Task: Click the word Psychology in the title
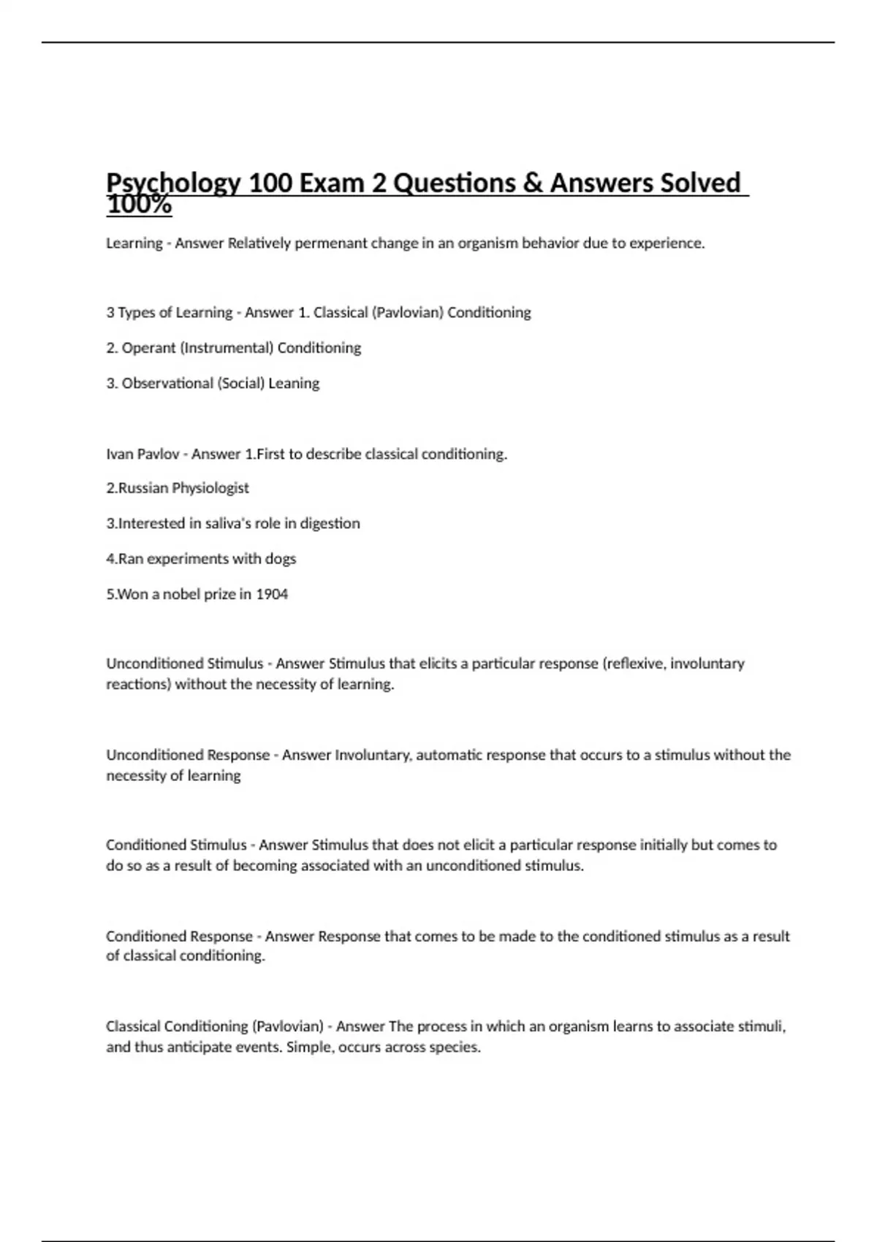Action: point(173,183)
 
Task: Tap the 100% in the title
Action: point(139,205)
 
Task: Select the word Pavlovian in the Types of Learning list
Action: point(407,313)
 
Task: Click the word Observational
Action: point(167,384)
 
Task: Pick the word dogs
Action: point(281,559)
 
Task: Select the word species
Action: point(457,1048)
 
